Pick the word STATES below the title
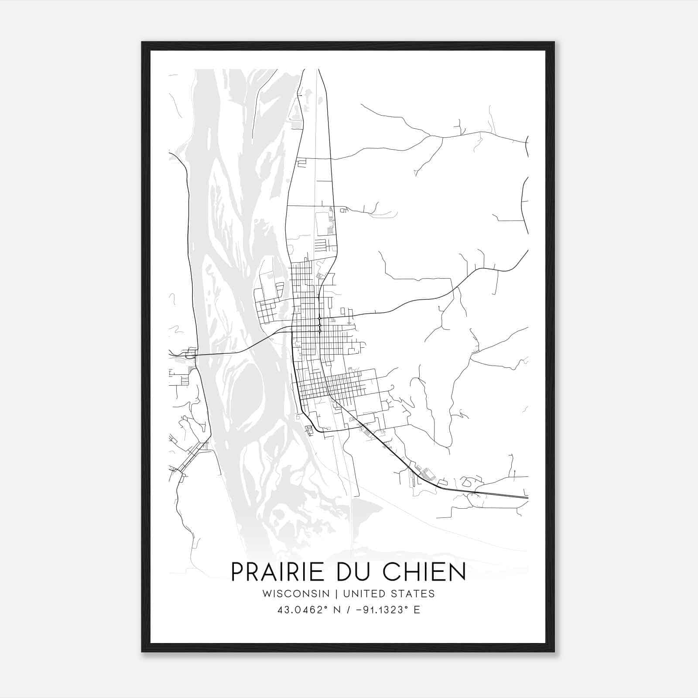[412, 594]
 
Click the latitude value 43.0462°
[302, 610]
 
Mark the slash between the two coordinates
[347, 610]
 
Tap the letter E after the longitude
[417, 610]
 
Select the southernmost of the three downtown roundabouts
[320, 331]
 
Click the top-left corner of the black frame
[142, 42]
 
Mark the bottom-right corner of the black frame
[554, 652]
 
